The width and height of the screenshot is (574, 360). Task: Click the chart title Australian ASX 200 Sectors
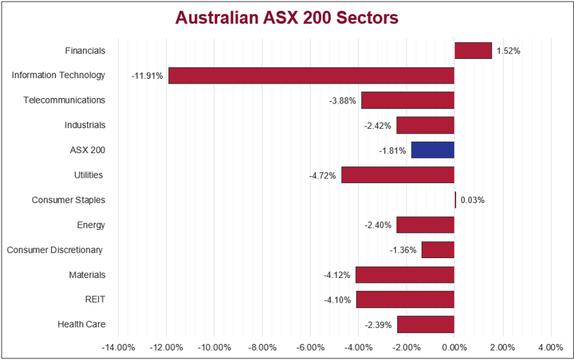(x=287, y=18)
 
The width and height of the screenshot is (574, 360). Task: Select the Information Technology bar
(x=311, y=76)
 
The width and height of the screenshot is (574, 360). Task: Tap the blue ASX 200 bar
(x=432, y=150)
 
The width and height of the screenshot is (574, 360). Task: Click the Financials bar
(x=473, y=51)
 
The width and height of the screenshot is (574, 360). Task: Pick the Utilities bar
(x=397, y=175)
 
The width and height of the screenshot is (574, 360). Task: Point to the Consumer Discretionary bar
(x=438, y=250)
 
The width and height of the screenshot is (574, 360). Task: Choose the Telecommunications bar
(x=407, y=100)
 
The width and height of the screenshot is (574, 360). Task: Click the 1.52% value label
(x=508, y=51)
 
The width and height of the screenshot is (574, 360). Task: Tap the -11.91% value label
(x=147, y=76)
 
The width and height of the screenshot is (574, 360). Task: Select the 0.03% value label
(x=472, y=201)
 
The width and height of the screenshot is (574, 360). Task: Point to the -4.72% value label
(x=323, y=175)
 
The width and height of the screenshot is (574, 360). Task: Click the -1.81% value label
(x=393, y=150)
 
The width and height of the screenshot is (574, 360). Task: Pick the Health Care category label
(x=81, y=324)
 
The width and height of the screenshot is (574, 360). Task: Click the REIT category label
(x=95, y=299)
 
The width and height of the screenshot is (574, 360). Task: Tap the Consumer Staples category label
(x=68, y=200)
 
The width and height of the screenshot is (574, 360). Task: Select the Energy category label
(x=91, y=225)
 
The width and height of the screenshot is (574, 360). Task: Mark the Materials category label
(x=86, y=274)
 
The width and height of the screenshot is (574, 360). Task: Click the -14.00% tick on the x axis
(x=119, y=347)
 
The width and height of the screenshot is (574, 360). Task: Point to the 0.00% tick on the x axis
(x=455, y=347)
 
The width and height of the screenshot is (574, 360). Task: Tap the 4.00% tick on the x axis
(x=550, y=347)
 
